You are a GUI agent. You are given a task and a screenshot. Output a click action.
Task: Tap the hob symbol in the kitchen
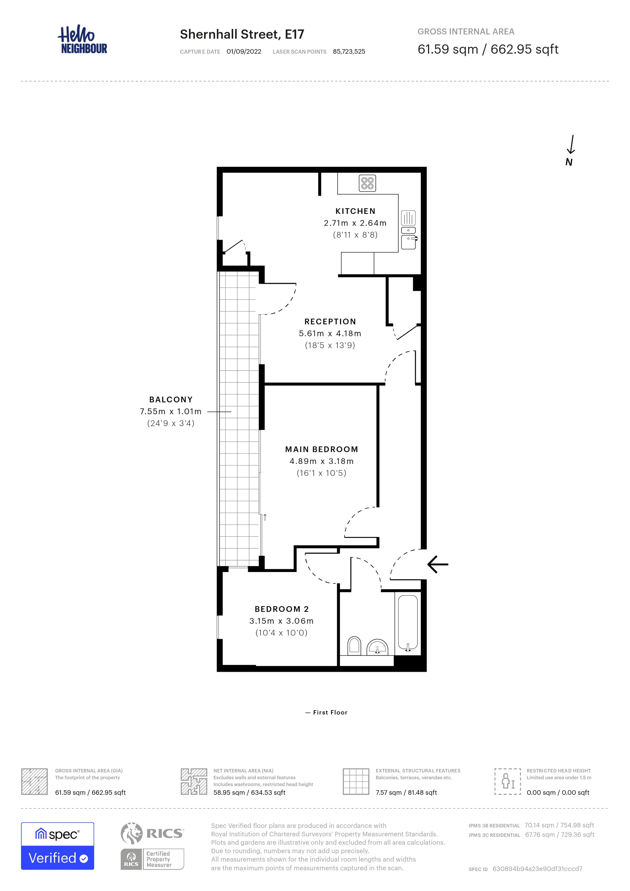[x=367, y=183]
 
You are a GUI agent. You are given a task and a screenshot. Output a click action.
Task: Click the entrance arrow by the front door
[x=438, y=564]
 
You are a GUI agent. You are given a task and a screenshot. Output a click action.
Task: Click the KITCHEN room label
[x=355, y=211]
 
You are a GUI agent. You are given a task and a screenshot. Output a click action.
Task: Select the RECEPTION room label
[x=330, y=321]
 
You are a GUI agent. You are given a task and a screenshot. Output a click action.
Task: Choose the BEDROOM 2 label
[x=282, y=609]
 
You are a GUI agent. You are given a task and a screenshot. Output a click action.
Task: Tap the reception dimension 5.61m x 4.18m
[x=330, y=333]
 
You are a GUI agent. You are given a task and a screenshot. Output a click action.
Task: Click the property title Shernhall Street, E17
[x=242, y=34]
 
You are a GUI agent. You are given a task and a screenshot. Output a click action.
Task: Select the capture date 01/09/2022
[x=244, y=52]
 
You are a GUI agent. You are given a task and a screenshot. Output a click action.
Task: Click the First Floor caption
[x=330, y=712]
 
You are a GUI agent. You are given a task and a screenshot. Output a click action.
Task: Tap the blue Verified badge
[x=57, y=858]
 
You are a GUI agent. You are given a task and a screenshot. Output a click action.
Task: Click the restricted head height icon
[x=507, y=781]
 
